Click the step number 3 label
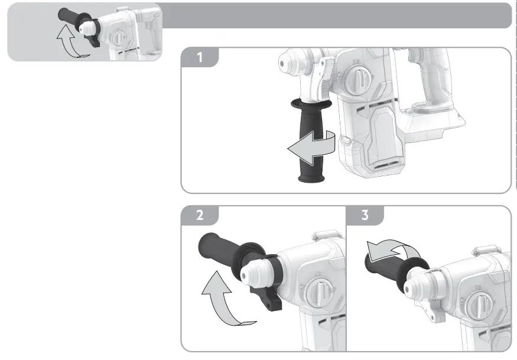(365, 215)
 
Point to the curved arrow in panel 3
(384, 251)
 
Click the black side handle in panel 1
(307, 142)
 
